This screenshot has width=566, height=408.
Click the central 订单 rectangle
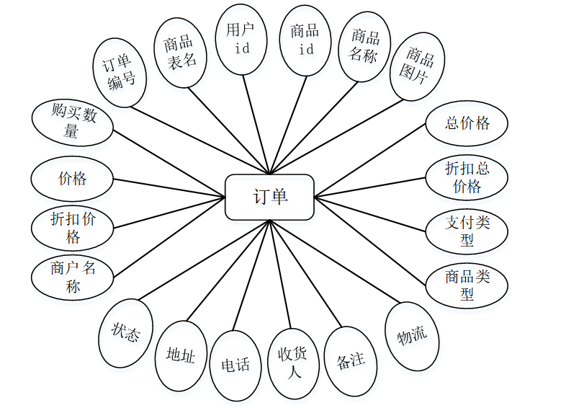[x=269, y=197]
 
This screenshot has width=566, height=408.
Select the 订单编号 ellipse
[x=120, y=72]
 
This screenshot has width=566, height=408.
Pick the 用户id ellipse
[x=242, y=40]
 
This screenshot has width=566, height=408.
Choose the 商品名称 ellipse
[x=364, y=45]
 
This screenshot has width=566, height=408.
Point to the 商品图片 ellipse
[x=419, y=64]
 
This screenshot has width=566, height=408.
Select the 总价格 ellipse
[x=467, y=123]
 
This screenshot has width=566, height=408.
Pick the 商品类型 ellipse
[x=467, y=285]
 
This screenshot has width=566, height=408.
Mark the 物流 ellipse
[x=413, y=336]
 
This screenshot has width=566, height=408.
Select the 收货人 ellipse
[x=294, y=363]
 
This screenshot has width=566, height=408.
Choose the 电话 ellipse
[x=235, y=365]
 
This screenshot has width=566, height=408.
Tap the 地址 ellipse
[x=181, y=355]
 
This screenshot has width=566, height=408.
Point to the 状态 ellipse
[x=125, y=333]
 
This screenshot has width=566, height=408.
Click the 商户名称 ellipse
[x=73, y=278]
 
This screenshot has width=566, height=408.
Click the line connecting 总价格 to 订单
[x=371, y=159]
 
